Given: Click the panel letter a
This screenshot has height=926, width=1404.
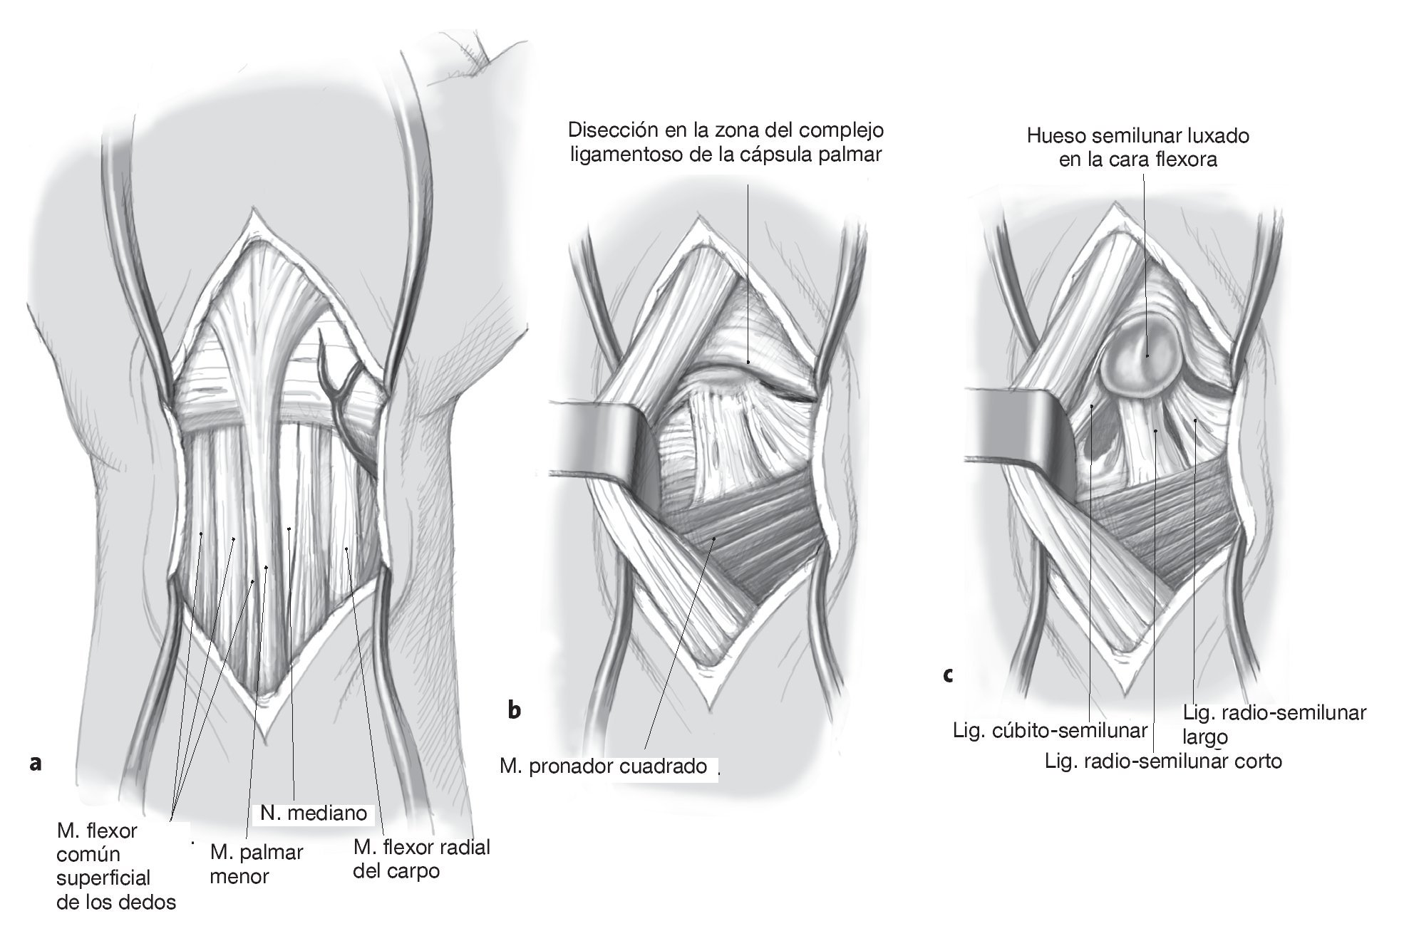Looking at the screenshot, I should (x=36, y=764).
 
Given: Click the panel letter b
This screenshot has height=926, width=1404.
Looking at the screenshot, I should (x=514, y=709).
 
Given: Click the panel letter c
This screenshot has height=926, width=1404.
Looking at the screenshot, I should (x=947, y=675).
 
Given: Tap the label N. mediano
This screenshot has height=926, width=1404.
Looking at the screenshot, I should (x=314, y=813).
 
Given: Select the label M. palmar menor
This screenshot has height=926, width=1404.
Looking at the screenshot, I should (x=257, y=864).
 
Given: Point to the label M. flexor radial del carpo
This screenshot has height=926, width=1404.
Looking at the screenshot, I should (x=422, y=858).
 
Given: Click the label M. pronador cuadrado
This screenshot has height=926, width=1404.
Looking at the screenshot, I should (x=604, y=766).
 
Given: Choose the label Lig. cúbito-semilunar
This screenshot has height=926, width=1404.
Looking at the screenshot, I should (x=1051, y=730).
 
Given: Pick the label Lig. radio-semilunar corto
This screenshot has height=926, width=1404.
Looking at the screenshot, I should (x=1163, y=761).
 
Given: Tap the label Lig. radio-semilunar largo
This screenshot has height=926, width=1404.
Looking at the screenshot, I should (x=1274, y=722).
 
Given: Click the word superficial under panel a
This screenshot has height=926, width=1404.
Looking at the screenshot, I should (x=103, y=878).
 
